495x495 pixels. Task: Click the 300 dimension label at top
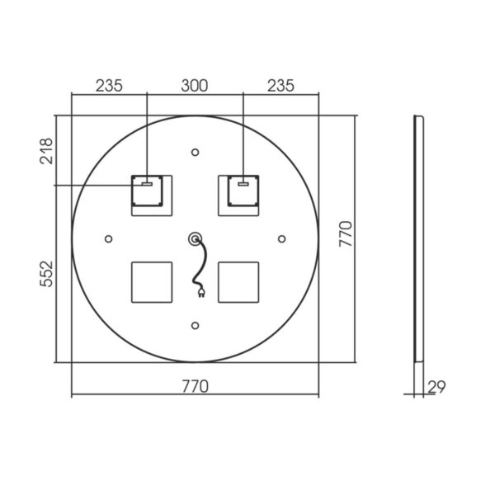pos(195,86)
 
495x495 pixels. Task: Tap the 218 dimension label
pos(46,151)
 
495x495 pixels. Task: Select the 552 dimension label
pos(46,274)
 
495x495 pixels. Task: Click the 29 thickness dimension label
pos(436,387)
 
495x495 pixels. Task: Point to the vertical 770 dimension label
pos(345,234)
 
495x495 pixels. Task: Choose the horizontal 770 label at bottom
pos(195,386)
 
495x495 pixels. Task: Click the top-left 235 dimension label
pos(109,86)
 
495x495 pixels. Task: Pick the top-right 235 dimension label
pos(280,86)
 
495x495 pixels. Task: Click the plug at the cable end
pos(201,293)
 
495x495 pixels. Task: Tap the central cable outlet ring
pos(195,239)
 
